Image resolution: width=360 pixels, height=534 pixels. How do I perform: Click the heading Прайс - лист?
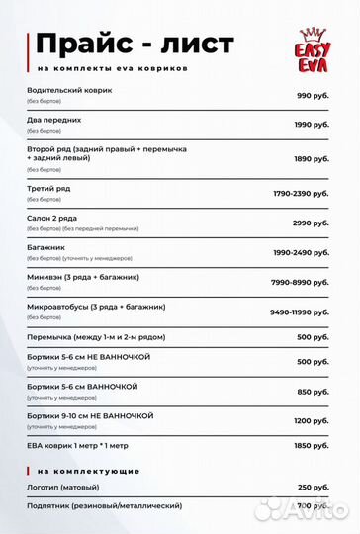[135, 44]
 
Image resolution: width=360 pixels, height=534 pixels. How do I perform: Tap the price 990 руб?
[313, 95]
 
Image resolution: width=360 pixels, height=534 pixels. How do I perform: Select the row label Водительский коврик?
[69, 90]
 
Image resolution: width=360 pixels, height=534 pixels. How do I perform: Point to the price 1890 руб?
[311, 158]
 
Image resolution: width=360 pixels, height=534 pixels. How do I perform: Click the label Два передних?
[54, 119]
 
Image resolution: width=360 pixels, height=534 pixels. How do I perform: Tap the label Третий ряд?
[48, 188]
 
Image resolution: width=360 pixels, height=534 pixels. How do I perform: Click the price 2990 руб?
[311, 222]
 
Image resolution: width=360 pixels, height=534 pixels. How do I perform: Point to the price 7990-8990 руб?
[300, 282]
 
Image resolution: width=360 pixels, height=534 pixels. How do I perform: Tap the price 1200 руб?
[311, 420]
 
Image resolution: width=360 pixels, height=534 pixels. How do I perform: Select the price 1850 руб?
[311, 447]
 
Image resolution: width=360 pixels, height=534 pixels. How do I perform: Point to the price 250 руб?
[313, 488]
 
